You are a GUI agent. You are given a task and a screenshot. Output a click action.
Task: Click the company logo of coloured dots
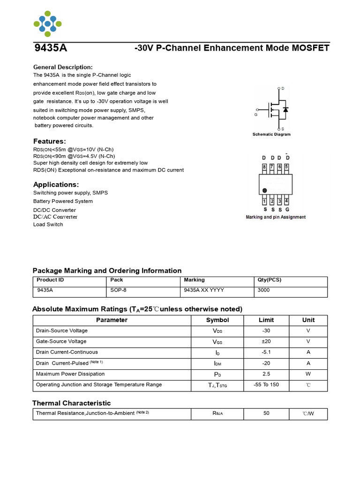click(47, 23)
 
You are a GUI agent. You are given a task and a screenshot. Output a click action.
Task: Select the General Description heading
click(63, 67)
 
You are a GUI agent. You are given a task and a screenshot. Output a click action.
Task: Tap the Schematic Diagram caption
click(271, 135)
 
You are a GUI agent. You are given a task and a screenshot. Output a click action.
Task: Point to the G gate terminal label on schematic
click(256, 114)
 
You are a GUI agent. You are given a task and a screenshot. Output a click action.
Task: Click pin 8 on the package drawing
click(264, 167)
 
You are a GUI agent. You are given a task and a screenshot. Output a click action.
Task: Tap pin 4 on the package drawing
click(286, 201)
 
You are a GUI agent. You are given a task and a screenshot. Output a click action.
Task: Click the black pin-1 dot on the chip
click(265, 191)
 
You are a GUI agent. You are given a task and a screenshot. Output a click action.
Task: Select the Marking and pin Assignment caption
click(276, 217)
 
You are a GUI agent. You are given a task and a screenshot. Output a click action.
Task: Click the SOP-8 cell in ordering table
click(118, 290)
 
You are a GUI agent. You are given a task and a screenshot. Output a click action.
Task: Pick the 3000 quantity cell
click(263, 290)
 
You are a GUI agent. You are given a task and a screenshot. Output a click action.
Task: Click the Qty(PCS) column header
click(270, 280)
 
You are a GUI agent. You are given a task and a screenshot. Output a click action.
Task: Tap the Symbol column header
click(217, 320)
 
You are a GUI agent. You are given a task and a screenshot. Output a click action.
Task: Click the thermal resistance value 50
click(267, 414)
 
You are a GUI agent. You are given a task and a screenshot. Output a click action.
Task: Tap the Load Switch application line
click(48, 225)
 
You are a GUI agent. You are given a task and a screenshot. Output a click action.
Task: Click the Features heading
click(49, 141)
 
